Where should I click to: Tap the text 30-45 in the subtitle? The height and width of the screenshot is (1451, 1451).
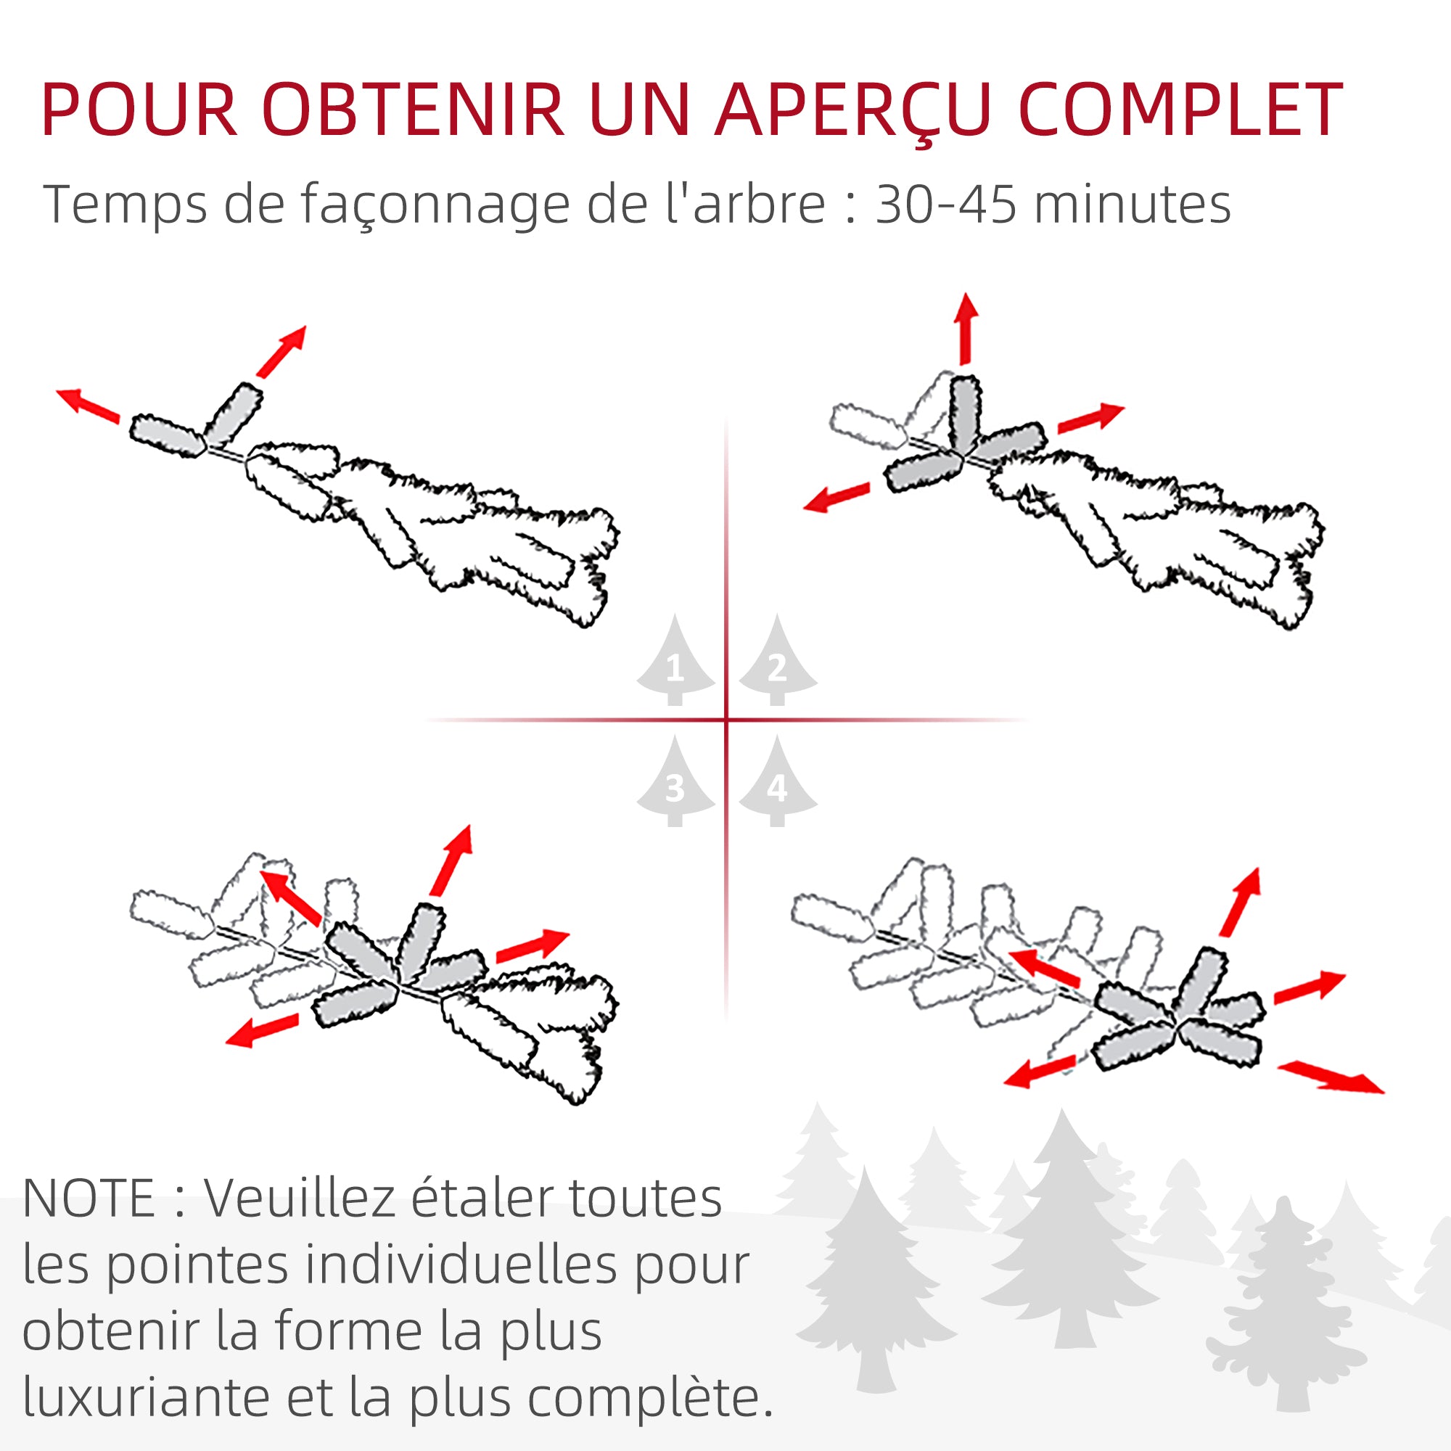click(946, 205)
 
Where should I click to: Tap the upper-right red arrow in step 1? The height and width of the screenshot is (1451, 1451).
click(281, 350)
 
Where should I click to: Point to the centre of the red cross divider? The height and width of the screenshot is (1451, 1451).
click(726, 720)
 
